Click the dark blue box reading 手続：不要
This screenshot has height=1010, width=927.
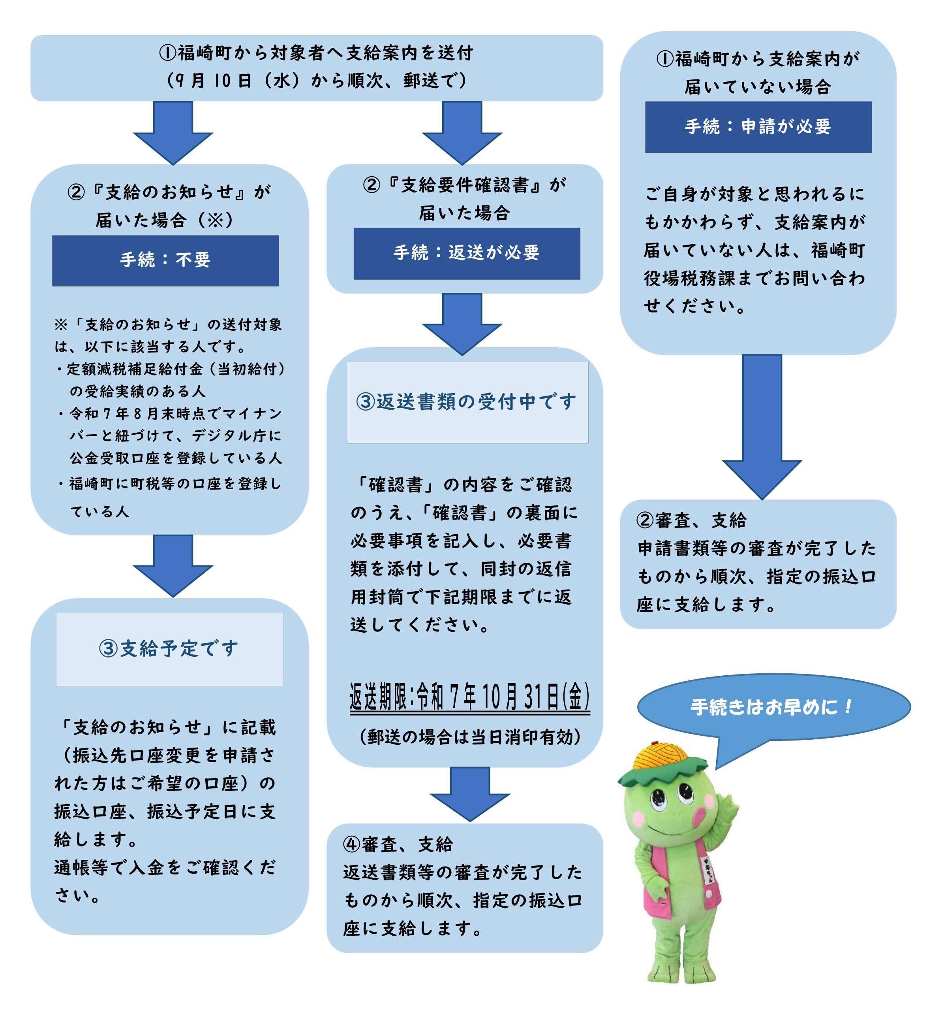point(165,260)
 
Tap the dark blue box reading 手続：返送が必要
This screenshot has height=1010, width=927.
point(467,254)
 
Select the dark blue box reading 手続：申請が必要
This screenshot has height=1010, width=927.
point(758,127)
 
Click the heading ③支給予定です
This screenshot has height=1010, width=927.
point(169,649)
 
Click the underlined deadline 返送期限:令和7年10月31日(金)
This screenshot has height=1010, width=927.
point(469,697)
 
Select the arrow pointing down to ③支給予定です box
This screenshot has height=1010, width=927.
point(173,566)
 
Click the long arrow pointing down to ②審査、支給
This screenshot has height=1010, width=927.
point(762,427)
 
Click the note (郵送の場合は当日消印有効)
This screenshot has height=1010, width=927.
point(470,737)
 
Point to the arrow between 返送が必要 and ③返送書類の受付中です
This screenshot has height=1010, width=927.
point(462,324)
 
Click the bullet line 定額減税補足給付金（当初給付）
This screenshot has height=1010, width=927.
point(171,369)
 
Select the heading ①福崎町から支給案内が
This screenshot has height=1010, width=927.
point(758,59)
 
